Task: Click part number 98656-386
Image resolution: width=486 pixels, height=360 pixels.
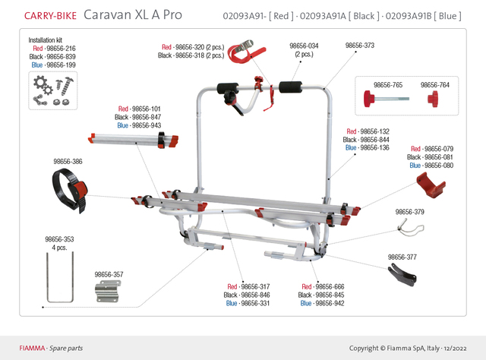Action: pyautogui.click(x=68, y=162)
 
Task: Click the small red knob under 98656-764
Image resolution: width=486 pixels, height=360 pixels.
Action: pyautogui.click(x=435, y=99)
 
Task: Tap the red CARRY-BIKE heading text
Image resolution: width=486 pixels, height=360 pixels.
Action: pyautogui.click(x=50, y=15)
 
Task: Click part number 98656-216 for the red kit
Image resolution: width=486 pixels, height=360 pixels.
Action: pyautogui.click(x=62, y=48)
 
